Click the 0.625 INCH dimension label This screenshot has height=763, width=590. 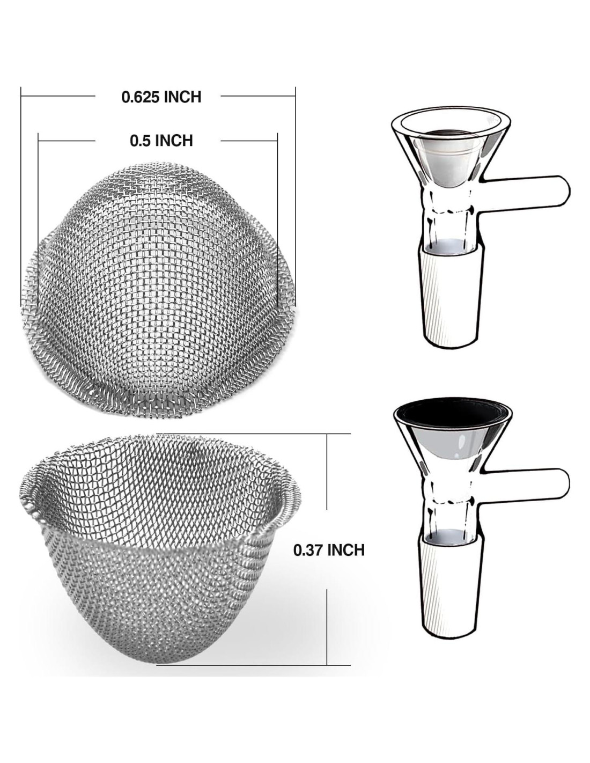pyautogui.click(x=161, y=97)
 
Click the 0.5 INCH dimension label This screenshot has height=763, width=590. pyautogui.click(x=161, y=141)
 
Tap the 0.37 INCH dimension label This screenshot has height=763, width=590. pyautogui.click(x=329, y=560)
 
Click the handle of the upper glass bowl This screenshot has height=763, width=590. pyautogui.click(x=527, y=191)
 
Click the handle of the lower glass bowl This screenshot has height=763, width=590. pyautogui.click(x=527, y=485)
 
